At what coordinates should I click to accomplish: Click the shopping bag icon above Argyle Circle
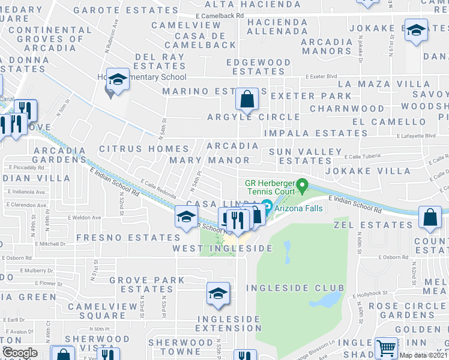pyautogui.click(x=247, y=99)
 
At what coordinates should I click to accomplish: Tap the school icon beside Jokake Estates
pyautogui.click(x=415, y=31)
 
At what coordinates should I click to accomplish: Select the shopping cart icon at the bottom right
pyautogui.click(x=386, y=348)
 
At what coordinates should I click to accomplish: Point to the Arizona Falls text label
pyautogui.click(x=299, y=208)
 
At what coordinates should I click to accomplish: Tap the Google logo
pyautogui.click(x=19, y=353)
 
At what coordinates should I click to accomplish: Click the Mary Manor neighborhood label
pyautogui.click(x=209, y=160)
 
